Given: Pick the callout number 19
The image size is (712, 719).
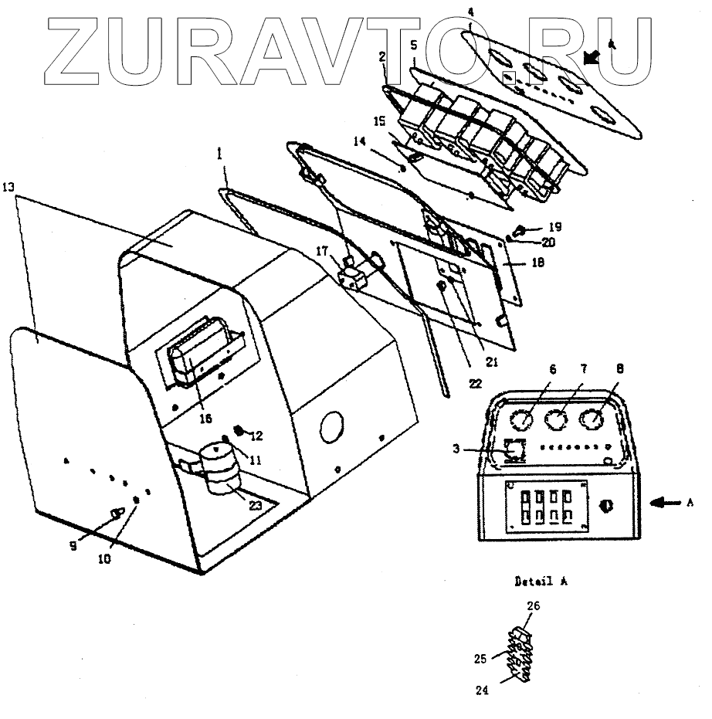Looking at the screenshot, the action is [x=555, y=227].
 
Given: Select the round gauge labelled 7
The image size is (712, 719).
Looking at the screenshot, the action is [x=557, y=421].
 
